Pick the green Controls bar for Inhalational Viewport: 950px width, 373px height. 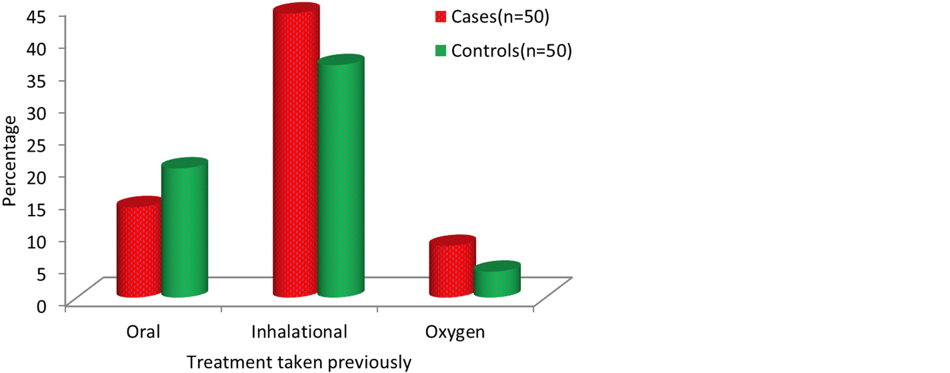point(341,178)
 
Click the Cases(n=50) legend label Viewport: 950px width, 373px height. point(500,17)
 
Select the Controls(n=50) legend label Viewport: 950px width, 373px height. point(511,51)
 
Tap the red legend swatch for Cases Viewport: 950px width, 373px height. point(441,17)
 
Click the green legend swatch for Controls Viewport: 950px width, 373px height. point(441,51)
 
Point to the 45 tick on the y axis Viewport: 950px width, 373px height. point(36,17)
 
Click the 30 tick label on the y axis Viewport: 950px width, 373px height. point(36,113)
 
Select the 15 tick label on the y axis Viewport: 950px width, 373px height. point(36,210)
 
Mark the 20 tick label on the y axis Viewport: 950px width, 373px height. point(36,178)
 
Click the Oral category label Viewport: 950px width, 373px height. point(143,332)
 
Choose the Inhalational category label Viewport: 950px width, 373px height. point(299,332)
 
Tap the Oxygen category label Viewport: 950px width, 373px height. point(455,332)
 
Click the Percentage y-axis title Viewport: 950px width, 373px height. point(10,161)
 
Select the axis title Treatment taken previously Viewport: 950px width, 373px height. point(299,362)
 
